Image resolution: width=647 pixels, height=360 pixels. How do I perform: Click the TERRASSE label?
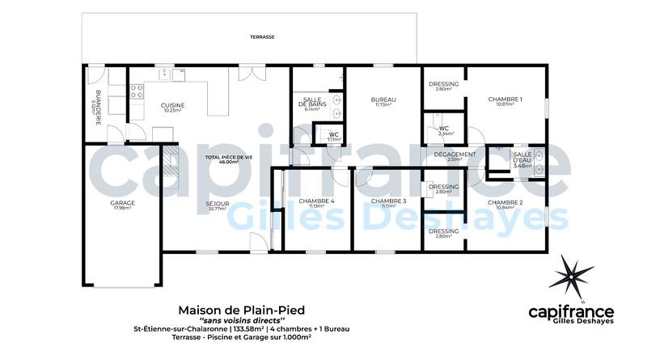tap(261, 37)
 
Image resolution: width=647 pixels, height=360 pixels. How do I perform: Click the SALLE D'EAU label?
tap(522, 159)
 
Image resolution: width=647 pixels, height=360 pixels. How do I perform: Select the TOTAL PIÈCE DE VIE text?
tap(222, 159)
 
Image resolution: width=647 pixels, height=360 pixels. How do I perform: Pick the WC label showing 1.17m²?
tap(333, 137)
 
